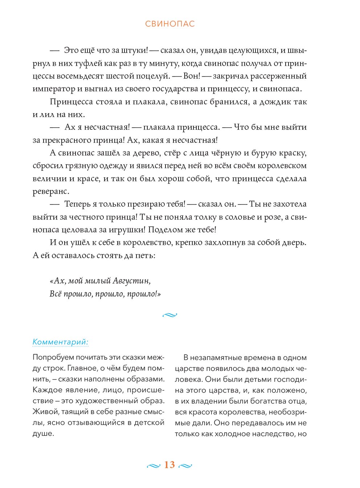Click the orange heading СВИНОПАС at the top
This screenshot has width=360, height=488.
(170, 24)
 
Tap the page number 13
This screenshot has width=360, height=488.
(169, 465)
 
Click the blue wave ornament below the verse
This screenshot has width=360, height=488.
(169, 315)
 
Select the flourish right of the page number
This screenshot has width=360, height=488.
(186, 466)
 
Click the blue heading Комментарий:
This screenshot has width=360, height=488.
(61, 342)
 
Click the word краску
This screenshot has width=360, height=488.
(293, 153)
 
